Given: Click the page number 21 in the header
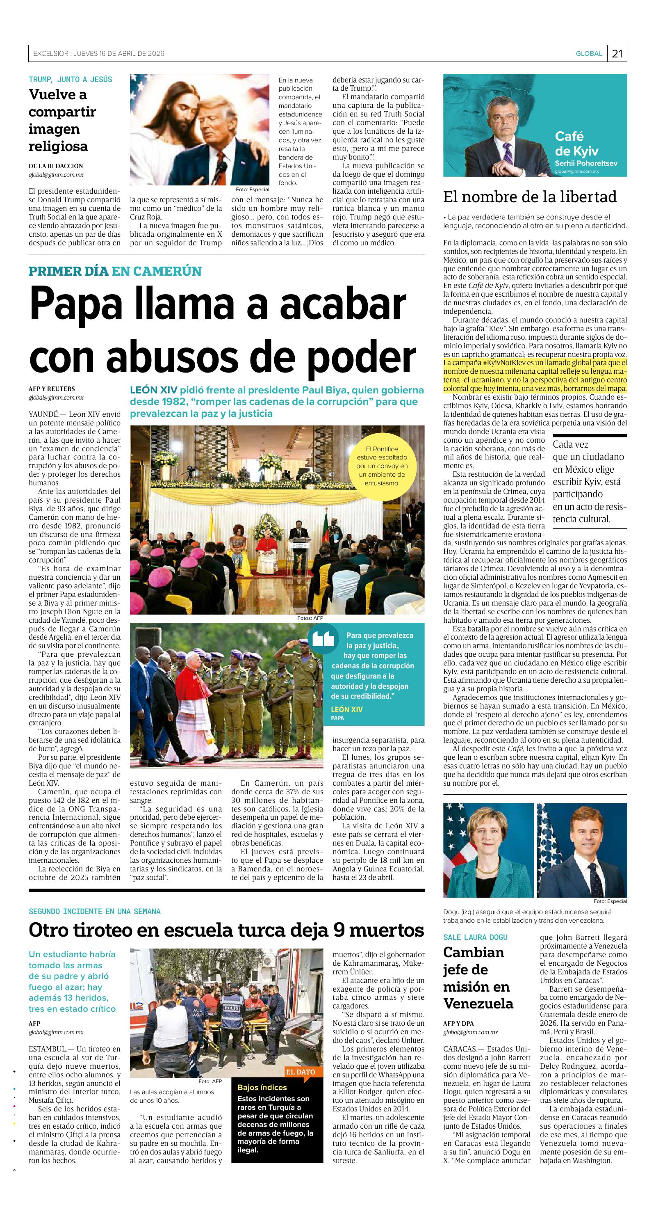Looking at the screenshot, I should [x=617, y=53].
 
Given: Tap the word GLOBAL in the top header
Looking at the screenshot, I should [x=589, y=53].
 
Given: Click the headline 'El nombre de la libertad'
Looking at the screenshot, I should [x=530, y=197].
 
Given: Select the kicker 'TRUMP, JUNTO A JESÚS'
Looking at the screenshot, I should [x=70, y=79].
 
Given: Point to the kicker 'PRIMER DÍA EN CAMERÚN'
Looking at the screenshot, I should [x=115, y=271].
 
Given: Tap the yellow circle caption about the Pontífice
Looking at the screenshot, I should [x=382, y=466].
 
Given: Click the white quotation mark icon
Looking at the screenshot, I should [x=323, y=639].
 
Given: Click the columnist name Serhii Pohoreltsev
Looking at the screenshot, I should [x=586, y=163].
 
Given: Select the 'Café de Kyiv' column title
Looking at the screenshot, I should [x=576, y=143].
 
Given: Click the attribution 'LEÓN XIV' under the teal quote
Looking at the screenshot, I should [x=346, y=709].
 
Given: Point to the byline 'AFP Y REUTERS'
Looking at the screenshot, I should [x=52, y=389].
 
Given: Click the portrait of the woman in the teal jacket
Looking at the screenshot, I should [x=488, y=850].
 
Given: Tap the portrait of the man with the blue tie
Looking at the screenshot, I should [x=581, y=850].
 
